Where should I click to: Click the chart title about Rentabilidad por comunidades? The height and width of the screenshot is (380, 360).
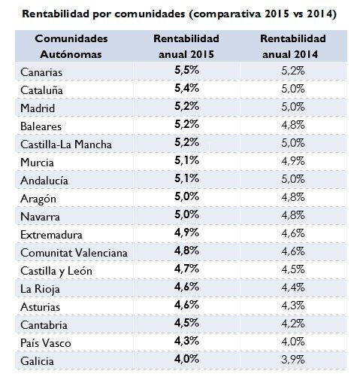(x=180, y=14)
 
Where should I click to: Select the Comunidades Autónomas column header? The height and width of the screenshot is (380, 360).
(x=71, y=46)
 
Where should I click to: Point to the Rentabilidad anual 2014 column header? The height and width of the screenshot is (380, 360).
(x=293, y=46)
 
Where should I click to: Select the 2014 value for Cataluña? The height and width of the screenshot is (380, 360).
(x=293, y=90)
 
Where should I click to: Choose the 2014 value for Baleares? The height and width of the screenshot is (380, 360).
(x=293, y=126)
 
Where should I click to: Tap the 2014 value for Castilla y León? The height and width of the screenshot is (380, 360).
(x=293, y=269)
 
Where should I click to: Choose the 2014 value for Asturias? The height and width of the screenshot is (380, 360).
(x=293, y=304)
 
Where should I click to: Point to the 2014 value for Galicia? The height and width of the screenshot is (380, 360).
(x=293, y=358)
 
